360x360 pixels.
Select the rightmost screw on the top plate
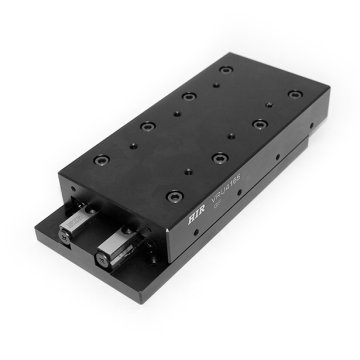tap(294, 95)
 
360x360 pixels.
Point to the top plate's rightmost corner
tap(326, 96)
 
